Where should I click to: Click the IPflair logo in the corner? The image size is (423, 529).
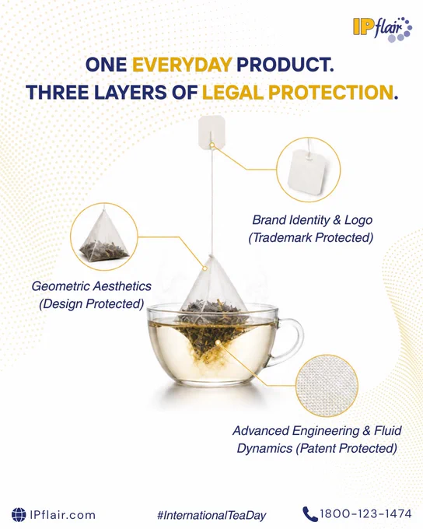[383, 29]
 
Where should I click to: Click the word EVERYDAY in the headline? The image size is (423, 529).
[182, 65]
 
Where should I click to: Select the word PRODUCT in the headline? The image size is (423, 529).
[285, 65]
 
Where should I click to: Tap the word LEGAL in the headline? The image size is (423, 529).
[232, 92]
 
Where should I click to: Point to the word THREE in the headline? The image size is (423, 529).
[58, 92]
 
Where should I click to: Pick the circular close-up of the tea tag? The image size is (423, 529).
[309, 170]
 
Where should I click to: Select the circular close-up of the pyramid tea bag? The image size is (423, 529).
[104, 236]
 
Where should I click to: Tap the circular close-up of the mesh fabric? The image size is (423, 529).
[327, 386]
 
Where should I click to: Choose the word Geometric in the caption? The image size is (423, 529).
[61, 286]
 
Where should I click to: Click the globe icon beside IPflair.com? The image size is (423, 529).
[19, 514]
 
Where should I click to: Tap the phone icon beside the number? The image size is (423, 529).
[309, 514]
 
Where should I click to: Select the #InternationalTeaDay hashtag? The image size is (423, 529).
[211, 515]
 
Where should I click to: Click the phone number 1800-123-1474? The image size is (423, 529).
[365, 513]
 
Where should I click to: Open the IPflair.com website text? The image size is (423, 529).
[62, 515]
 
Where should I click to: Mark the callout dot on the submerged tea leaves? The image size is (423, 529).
[218, 342]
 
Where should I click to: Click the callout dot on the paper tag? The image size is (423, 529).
[211, 145]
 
